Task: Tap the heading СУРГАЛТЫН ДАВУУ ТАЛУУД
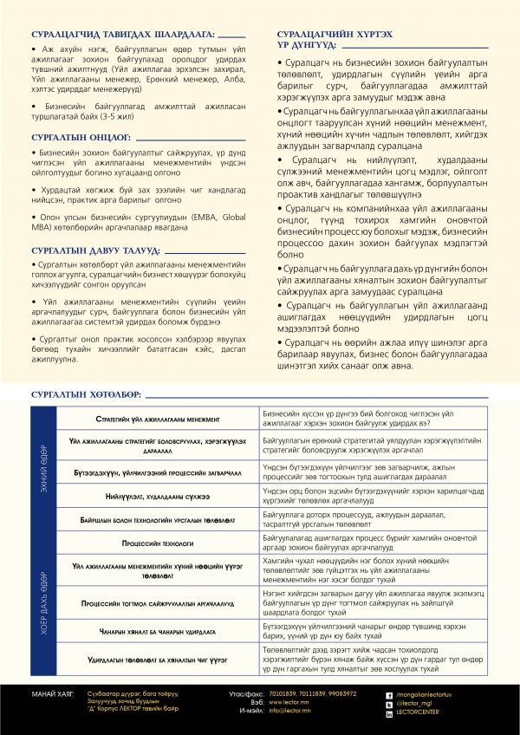coord(94,250)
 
